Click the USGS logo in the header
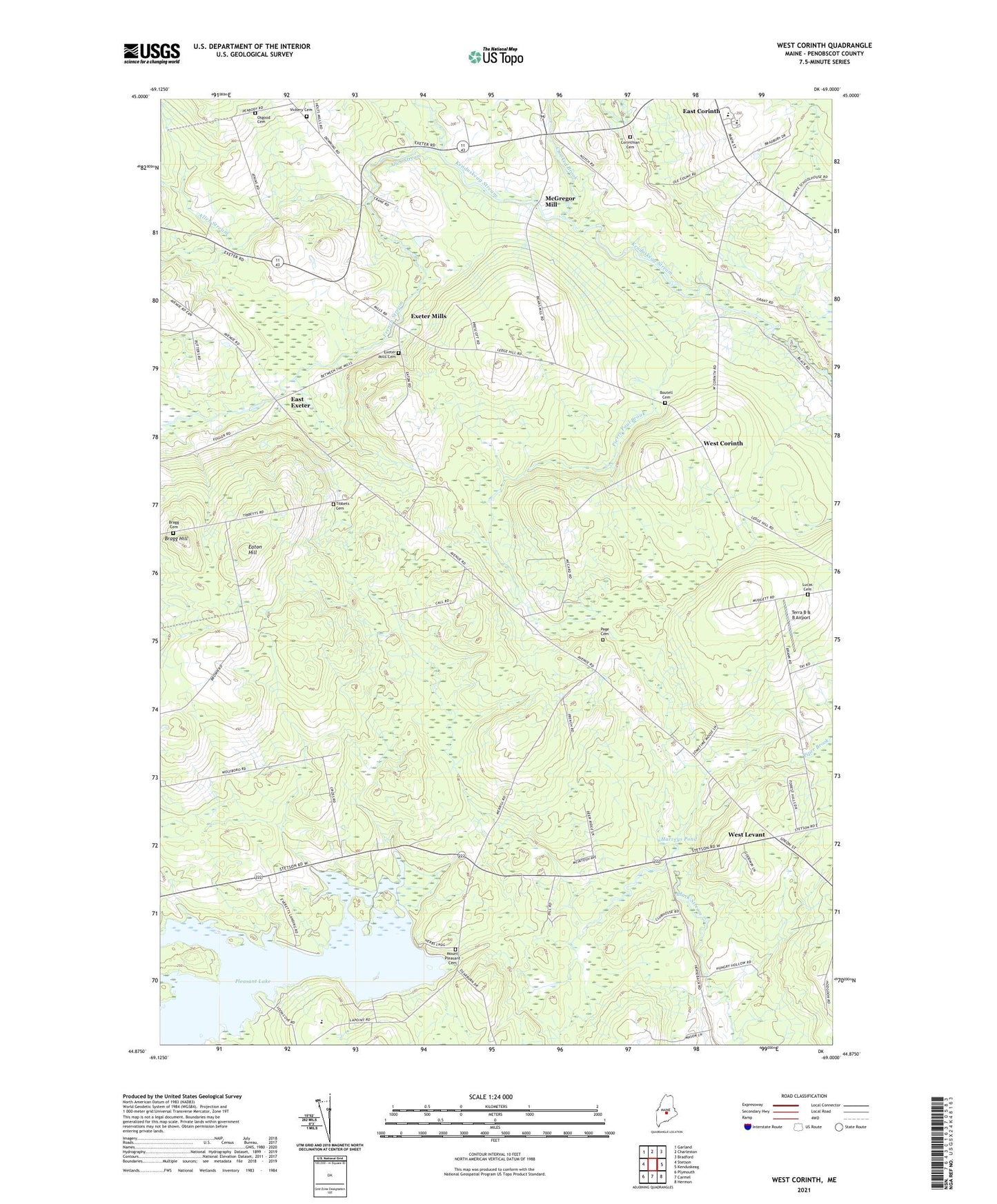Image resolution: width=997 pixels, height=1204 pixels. tap(152, 53)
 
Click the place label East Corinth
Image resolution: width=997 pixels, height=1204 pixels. tap(701, 111)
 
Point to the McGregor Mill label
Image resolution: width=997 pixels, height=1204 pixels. tap(560, 201)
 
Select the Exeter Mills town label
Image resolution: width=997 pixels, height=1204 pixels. tap(428, 316)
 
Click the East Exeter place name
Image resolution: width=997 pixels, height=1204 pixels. tap(300, 403)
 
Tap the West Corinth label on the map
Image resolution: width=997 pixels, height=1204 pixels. tap(722, 443)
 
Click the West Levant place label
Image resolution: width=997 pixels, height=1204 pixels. tap(746, 834)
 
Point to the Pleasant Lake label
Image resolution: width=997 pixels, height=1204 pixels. tap(236, 981)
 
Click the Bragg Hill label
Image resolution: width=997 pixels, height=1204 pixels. tap(176, 539)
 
